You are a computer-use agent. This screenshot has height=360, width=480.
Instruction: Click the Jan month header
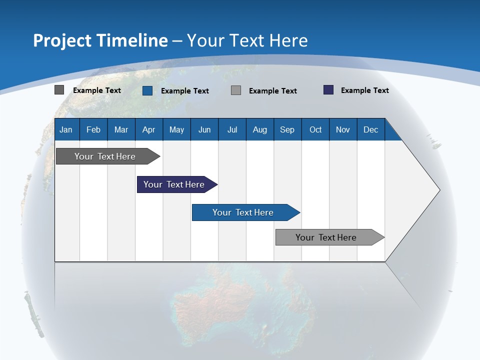pos(66,130)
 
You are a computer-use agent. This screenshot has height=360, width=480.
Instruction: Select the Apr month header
pos(148,130)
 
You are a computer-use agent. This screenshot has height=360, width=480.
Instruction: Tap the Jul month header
pos(232,130)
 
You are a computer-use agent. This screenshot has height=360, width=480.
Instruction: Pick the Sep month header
pos(287,130)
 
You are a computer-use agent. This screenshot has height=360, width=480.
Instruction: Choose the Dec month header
pos(370,130)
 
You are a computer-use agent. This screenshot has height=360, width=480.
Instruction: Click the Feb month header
pos(93,130)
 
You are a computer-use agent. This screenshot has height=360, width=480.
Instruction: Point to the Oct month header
pos(315,130)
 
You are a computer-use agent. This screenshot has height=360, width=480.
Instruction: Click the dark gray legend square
pos(59,90)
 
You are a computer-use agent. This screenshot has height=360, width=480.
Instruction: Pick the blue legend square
pos(147,90)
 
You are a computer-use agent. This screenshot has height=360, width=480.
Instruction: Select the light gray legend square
pos(236,90)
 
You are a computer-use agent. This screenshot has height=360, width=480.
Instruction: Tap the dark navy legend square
pos(328,90)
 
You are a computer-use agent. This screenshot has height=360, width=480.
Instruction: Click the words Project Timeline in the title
pos(100,40)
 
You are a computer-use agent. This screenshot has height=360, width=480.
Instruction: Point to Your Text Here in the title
pos(247,40)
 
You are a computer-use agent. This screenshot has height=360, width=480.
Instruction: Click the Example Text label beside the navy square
pos(364,90)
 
